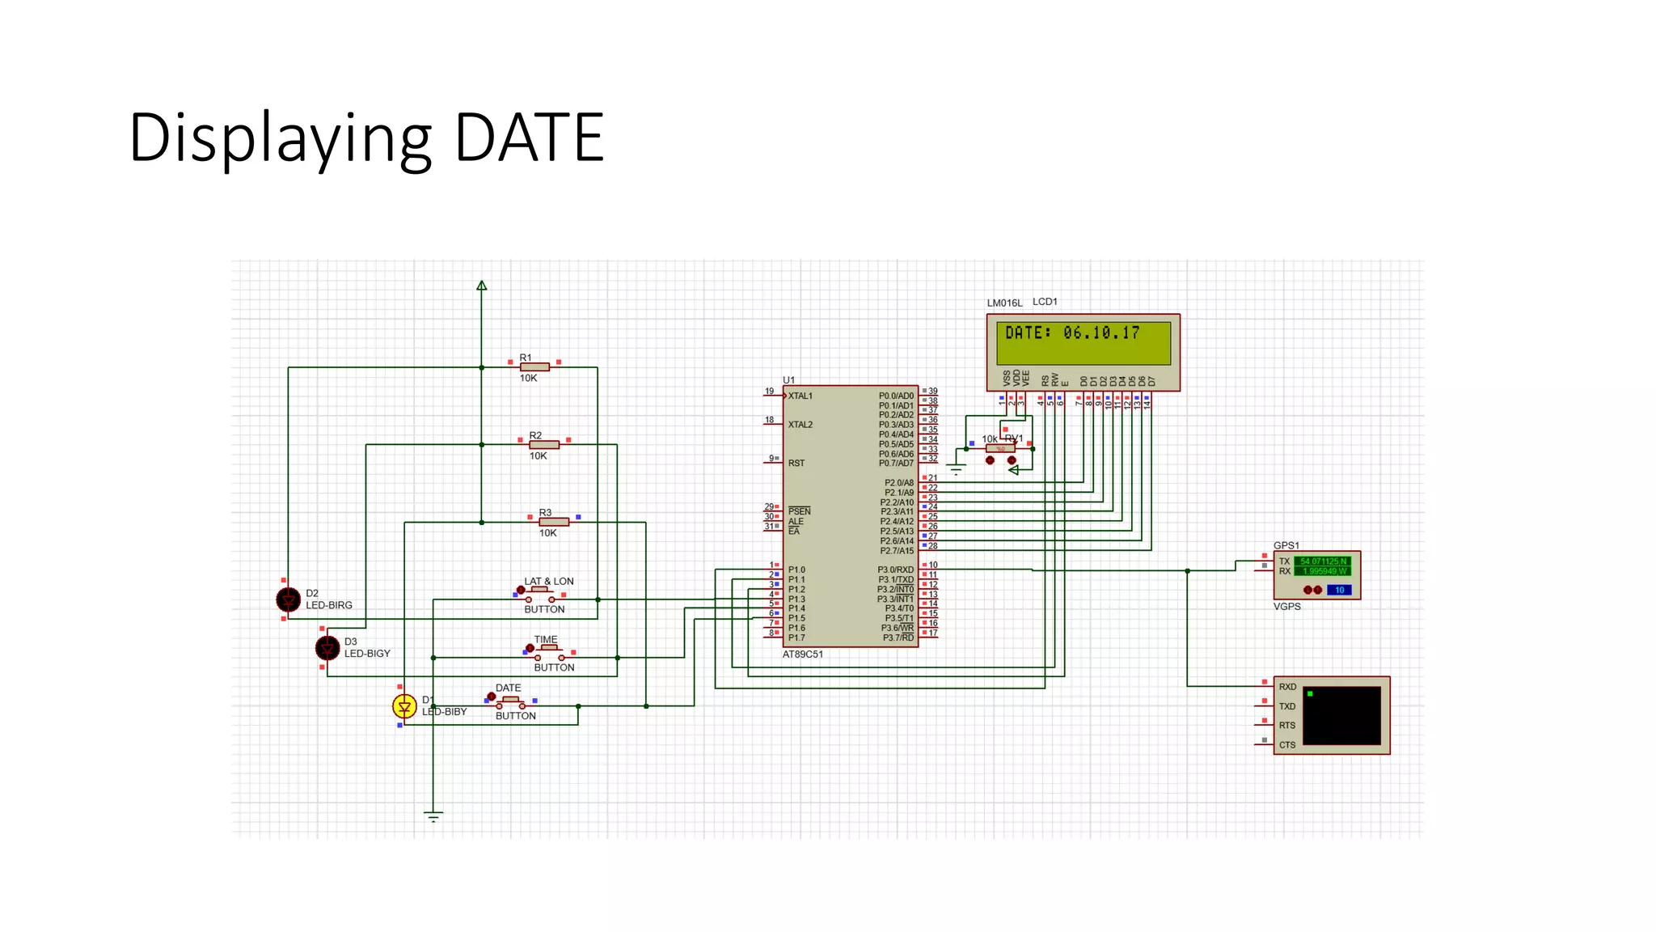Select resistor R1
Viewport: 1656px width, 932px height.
coord(534,367)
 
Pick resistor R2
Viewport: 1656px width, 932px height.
coord(544,445)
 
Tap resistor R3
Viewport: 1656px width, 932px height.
coord(554,522)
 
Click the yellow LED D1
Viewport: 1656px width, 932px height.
coord(404,706)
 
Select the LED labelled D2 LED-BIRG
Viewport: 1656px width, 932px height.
coord(288,599)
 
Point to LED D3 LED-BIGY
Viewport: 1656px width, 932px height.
coord(327,648)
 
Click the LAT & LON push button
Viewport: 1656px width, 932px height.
coord(540,595)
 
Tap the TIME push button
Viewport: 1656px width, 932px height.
coord(550,652)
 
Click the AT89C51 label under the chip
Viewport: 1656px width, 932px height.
coord(802,655)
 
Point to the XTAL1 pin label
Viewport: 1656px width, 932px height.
coord(800,396)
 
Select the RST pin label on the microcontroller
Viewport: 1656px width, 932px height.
coord(796,464)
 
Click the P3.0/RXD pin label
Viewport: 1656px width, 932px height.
coord(895,570)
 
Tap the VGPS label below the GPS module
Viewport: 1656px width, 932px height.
coord(1286,607)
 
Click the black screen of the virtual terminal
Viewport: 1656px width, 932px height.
coord(1341,715)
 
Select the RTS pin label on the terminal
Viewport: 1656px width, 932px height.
coord(1286,726)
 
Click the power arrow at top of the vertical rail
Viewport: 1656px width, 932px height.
coord(481,286)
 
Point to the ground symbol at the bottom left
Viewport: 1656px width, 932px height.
coord(433,816)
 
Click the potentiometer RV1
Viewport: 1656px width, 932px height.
coord(1000,448)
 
